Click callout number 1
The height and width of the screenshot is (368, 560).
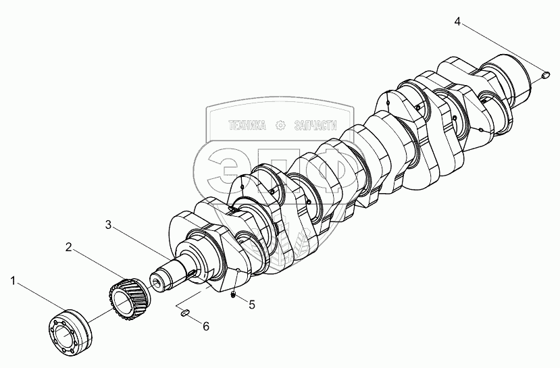pyautogui.click(x=13, y=282)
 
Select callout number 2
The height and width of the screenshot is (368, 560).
pyautogui.click(x=69, y=246)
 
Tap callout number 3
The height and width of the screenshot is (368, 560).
pyautogui.click(x=108, y=224)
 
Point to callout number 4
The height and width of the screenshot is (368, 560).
pyautogui.click(x=457, y=22)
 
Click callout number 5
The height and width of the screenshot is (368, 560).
pyautogui.click(x=252, y=305)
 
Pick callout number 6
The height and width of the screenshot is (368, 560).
pyautogui.click(x=206, y=326)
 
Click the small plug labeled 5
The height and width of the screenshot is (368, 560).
pyautogui.click(x=233, y=295)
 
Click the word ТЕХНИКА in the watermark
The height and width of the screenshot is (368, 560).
pyautogui.click(x=247, y=126)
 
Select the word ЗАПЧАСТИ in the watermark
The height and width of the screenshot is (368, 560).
pyautogui.click(x=315, y=126)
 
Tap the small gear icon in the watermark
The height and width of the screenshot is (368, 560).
pyautogui.click(x=281, y=126)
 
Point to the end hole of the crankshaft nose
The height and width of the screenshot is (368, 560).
pyautogui.click(x=157, y=283)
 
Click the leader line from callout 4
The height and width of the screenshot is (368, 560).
pyautogui.click(x=501, y=48)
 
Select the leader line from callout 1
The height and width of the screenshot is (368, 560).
pyautogui.click(x=41, y=298)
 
